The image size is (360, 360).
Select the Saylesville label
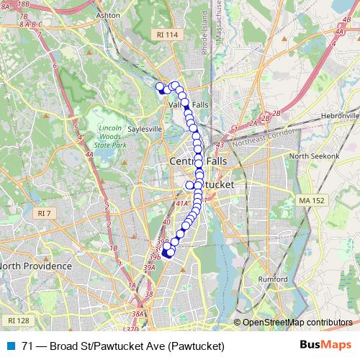pos(142,130)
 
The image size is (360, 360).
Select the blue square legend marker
pos(11,346)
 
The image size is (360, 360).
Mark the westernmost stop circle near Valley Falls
pos(160,86)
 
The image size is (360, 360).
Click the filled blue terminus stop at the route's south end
pos(166,252)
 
